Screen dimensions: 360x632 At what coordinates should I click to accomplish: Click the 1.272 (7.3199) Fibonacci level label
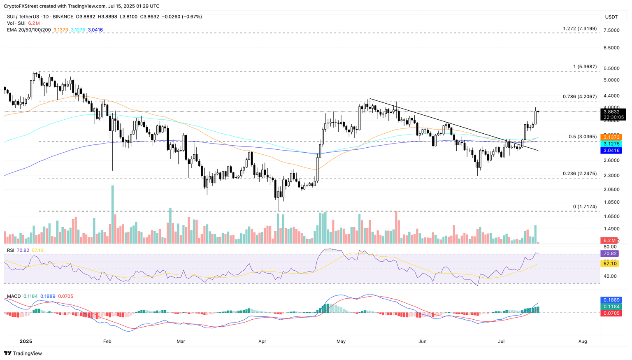pos(579,28)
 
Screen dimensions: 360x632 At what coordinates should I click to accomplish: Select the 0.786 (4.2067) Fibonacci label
pos(579,97)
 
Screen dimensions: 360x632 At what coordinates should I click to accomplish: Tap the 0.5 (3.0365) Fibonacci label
pos(582,137)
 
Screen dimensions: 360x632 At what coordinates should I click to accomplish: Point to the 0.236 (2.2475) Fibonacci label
pos(579,174)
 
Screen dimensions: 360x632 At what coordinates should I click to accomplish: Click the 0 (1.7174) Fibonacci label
pos(585,207)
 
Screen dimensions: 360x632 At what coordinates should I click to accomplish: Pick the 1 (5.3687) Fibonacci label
pos(585,67)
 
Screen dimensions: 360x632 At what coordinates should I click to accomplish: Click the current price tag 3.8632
pos(613,111)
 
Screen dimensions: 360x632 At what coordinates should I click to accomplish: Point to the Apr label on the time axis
pos(262,341)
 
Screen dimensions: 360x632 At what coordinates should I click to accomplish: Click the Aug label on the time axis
pos(583,341)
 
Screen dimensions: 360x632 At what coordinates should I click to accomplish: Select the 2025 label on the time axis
pos(26,341)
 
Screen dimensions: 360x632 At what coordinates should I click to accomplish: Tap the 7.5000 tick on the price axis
pos(611,30)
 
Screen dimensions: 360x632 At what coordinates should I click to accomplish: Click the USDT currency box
pos(611,17)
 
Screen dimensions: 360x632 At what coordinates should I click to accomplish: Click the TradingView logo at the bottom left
pos(23,353)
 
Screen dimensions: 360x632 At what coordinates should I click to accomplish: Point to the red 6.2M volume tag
pos(610,240)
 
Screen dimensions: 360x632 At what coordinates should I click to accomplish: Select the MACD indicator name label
pos(14,296)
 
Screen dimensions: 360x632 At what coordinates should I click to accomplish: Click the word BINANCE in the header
pos(63,16)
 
